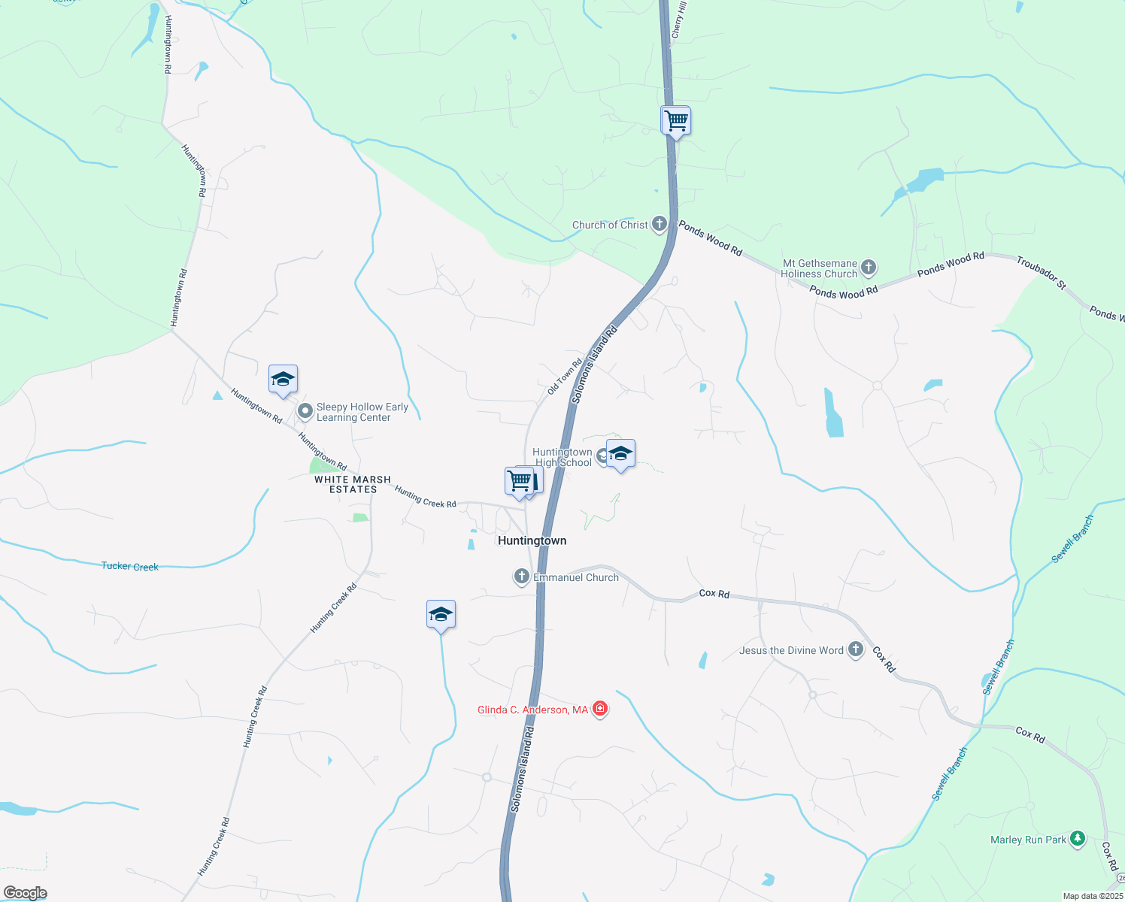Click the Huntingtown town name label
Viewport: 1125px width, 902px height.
(x=532, y=540)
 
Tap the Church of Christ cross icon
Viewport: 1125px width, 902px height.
(x=659, y=223)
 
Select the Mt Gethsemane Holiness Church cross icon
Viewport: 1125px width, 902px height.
(x=869, y=267)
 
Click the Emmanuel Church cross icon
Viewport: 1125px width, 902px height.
(x=521, y=577)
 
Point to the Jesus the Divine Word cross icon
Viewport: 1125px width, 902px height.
(x=855, y=649)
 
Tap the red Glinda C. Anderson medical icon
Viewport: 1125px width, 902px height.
(x=600, y=708)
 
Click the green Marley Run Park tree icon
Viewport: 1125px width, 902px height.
(x=1078, y=838)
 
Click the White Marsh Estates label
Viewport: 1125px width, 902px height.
(x=353, y=484)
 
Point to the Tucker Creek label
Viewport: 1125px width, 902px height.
(x=130, y=566)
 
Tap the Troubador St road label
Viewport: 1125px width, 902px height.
(x=1041, y=272)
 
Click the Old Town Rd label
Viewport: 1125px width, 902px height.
(x=565, y=377)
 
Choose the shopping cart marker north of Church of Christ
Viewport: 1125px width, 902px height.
(x=676, y=120)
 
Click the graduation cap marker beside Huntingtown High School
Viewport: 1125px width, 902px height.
(x=620, y=454)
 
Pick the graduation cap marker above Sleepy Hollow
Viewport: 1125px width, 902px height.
(x=283, y=380)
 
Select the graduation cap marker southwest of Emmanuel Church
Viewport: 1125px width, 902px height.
(x=441, y=615)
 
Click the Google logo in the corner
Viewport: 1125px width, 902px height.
(x=25, y=893)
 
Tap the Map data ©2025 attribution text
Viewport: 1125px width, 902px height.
(x=1092, y=896)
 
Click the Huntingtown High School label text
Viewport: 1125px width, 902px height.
(x=562, y=457)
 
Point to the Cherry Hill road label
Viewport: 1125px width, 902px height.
(x=678, y=20)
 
